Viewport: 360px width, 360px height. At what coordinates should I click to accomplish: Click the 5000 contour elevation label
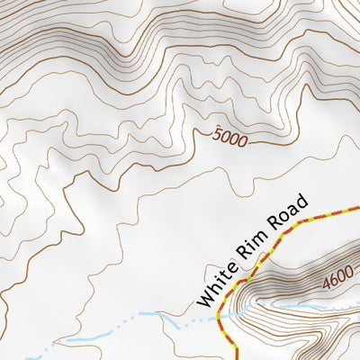click(229, 139)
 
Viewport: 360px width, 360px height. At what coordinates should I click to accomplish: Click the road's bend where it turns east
click(290, 229)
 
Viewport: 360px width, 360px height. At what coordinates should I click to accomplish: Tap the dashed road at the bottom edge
click(236, 356)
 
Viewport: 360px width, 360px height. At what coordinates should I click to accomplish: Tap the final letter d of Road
click(305, 201)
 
